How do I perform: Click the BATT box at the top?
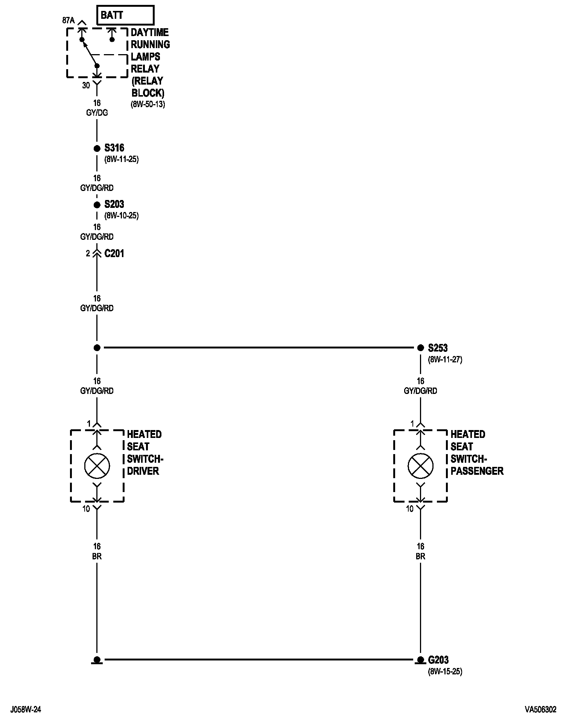[125, 16]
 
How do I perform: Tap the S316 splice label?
[114, 148]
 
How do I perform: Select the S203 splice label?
[114, 204]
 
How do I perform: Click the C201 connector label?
[114, 254]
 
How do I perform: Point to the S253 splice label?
[438, 348]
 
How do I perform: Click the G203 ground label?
[438, 660]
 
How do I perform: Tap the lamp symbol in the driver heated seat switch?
[97, 466]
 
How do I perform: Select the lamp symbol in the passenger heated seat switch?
[420, 466]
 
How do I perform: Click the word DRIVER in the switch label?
[143, 471]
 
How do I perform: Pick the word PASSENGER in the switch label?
[477, 471]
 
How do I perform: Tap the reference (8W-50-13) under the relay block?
[148, 105]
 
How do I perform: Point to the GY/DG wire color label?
[97, 113]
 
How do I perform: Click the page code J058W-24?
[26, 710]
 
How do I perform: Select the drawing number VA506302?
[540, 710]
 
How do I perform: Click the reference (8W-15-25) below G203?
[445, 671]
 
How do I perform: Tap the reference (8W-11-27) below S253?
[445, 360]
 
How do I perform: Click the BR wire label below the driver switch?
[97, 556]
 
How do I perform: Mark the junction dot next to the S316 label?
[97, 148]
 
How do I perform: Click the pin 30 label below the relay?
[86, 86]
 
